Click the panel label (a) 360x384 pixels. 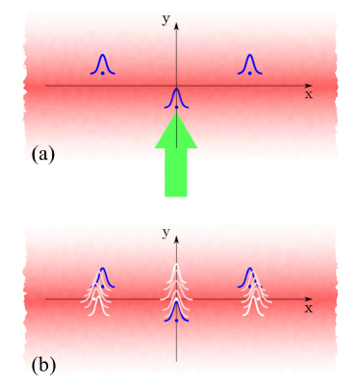tap(41, 153)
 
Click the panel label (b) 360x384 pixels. tap(41, 366)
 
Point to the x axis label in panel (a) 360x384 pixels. tap(308, 94)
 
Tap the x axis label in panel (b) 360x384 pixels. tap(308, 309)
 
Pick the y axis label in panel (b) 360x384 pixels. tap(166, 233)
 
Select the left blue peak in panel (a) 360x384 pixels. tap(102, 64)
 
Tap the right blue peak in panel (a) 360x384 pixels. tap(250, 64)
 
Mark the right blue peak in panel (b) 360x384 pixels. tap(250, 277)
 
